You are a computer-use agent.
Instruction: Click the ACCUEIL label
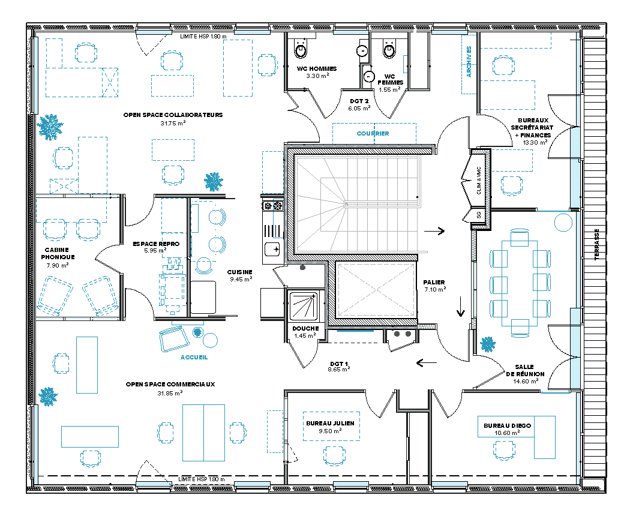pyautogui.click(x=194, y=358)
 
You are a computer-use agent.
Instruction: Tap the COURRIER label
pyautogui.click(x=373, y=134)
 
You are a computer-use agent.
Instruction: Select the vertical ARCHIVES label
pyautogui.click(x=469, y=62)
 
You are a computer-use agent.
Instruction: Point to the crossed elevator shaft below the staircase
pyautogui.click(x=376, y=290)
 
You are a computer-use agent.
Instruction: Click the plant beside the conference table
pyautogui.click(x=488, y=344)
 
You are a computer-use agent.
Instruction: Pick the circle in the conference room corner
pyautogui.click(x=563, y=223)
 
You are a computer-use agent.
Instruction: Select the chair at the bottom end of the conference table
pyautogui.click(x=520, y=328)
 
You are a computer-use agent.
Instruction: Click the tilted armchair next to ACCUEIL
pyautogui.click(x=174, y=339)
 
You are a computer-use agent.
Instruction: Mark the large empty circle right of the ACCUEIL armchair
pyautogui.click(x=210, y=341)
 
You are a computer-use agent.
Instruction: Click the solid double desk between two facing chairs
pyautogui.click(x=203, y=433)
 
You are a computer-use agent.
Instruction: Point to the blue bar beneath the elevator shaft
pyautogui.click(x=355, y=331)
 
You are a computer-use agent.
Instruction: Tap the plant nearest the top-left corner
pyautogui.click(x=50, y=127)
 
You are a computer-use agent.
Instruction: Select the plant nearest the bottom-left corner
pyautogui.click(x=48, y=396)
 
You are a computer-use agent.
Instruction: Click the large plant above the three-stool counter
pyautogui.click(x=214, y=181)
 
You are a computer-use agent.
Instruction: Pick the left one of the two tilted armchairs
pyautogui.click(x=55, y=296)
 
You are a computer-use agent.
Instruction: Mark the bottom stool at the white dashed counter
pyautogui.click(x=205, y=266)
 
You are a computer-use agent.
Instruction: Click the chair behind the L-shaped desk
pyautogui.click(x=504, y=449)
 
